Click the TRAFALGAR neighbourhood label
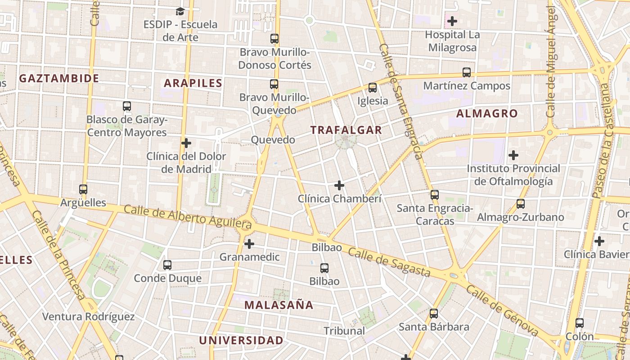pos(346,130)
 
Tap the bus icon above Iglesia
pos(373,88)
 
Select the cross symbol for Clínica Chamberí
pos(339,185)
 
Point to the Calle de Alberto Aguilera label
pos(187,216)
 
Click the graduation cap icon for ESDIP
pos(180,11)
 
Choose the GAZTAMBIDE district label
pos(59,78)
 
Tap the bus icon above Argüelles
pos(83,189)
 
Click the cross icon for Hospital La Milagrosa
pos(452,21)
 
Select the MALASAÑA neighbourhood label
pos(279,305)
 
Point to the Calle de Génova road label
pos(502,311)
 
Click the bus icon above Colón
pos(580,323)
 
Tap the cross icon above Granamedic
pos(249,244)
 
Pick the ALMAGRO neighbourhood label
pos(487,113)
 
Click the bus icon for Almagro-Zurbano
pos(521,204)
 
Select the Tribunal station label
pos(344,331)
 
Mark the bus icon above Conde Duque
pos(167,265)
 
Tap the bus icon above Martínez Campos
pos(467,72)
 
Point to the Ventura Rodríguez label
pos(88,316)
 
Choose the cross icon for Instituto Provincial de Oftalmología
pos(513,156)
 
